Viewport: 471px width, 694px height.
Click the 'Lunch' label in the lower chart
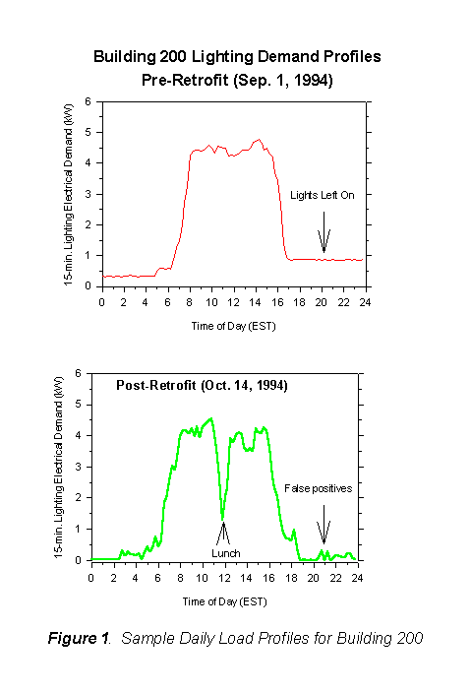(225, 552)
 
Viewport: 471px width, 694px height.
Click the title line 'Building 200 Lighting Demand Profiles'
(236, 57)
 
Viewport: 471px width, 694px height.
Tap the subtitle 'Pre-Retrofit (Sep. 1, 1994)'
(236, 81)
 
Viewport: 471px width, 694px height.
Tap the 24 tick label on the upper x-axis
(363, 301)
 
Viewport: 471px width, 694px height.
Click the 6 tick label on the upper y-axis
(89, 100)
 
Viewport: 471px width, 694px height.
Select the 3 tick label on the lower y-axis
(77, 467)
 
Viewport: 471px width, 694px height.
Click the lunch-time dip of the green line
(223, 516)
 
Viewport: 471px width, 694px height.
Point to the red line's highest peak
(259, 140)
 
